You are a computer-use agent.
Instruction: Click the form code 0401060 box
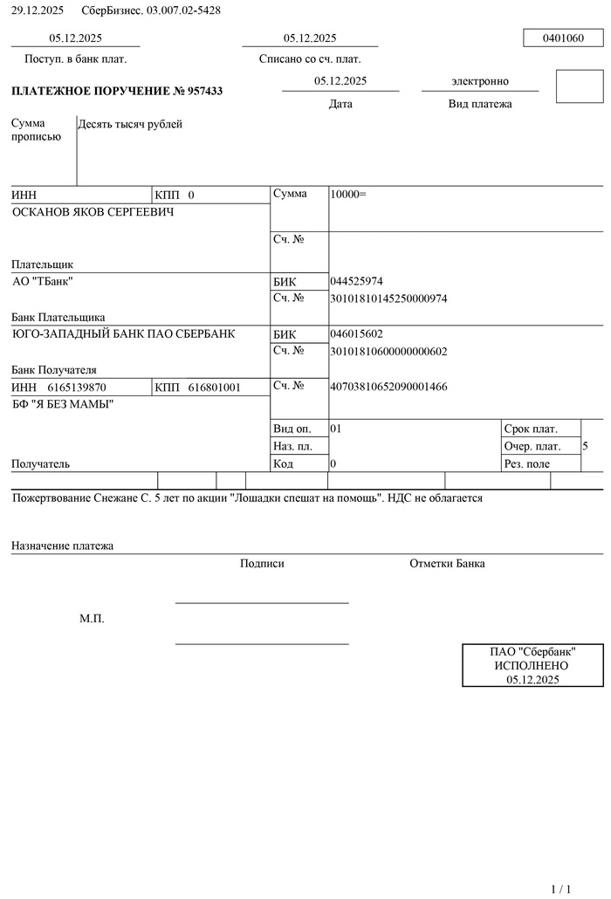click(563, 38)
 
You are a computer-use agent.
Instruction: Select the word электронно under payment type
click(479, 81)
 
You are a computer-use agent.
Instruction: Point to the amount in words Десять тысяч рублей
click(130, 125)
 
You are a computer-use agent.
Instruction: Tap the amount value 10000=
click(348, 194)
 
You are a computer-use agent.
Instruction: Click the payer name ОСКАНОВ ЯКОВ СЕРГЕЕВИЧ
click(93, 212)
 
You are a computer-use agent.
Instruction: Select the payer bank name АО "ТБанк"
click(43, 282)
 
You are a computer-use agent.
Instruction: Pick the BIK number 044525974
click(356, 281)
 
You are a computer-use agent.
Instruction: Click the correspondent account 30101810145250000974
click(388, 299)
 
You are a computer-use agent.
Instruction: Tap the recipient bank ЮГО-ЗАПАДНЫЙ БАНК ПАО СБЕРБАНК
click(123, 334)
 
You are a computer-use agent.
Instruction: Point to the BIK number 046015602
click(356, 333)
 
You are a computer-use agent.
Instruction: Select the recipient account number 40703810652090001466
click(388, 386)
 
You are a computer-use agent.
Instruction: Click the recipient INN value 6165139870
click(77, 387)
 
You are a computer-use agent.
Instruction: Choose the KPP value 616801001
click(214, 387)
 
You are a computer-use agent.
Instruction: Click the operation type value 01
click(336, 429)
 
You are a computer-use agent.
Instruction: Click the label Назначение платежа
click(62, 546)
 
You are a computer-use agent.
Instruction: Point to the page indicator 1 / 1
click(562, 889)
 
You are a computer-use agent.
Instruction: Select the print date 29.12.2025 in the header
click(38, 10)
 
